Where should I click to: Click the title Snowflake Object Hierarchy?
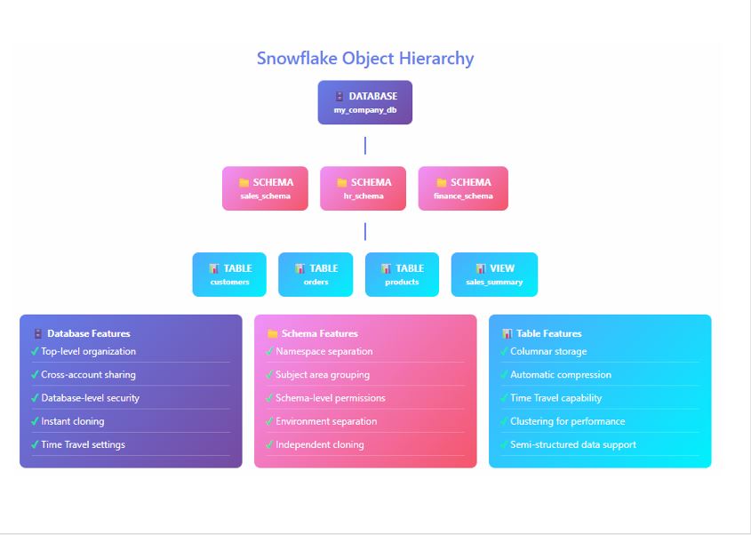point(365,59)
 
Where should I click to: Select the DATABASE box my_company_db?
point(365,102)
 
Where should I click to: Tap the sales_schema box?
point(265,188)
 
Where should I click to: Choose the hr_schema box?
point(363,188)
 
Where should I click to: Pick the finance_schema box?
point(463,188)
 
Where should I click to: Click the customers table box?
point(230,275)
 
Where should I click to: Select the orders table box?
point(316,275)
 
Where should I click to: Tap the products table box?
point(402,275)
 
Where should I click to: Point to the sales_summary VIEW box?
point(494,275)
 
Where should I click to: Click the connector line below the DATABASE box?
point(365,146)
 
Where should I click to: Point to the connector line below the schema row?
point(365,231)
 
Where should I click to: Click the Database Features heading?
point(88,334)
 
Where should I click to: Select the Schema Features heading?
point(319,334)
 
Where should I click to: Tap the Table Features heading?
point(549,334)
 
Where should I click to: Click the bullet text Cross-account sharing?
point(88,375)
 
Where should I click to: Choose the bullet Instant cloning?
point(72,421)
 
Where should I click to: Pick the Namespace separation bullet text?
point(324,352)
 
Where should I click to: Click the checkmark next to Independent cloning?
point(269,445)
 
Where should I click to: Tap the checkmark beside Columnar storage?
point(504,352)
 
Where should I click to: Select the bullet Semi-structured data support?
point(572,444)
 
